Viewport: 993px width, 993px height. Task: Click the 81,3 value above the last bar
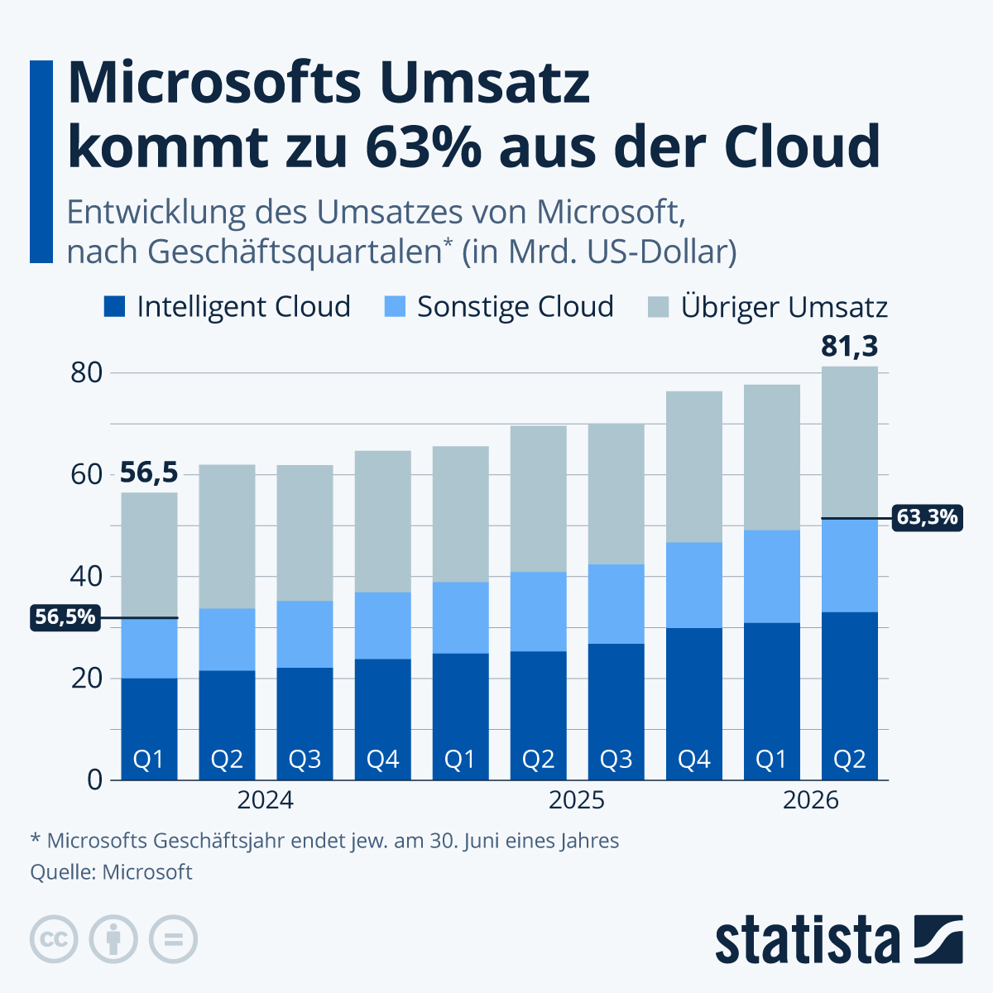click(x=849, y=347)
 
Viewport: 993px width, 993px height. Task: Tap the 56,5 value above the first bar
click(x=149, y=473)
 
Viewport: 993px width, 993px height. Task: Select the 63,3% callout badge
click(x=927, y=518)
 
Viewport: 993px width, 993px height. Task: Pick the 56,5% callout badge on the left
click(x=65, y=617)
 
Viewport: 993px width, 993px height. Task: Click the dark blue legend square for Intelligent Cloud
click(x=114, y=307)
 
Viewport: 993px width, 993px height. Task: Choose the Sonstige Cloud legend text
click(x=515, y=307)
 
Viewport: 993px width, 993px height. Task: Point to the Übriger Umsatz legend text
click(x=784, y=307)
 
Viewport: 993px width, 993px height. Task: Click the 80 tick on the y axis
click(x=86, y=373)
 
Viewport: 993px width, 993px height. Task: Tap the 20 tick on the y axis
click(x=86, y=679)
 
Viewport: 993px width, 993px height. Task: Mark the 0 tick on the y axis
click(x=94, y=780)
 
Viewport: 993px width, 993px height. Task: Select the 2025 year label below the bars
click(x=577, y=800)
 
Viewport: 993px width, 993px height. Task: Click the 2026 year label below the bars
click(x=810, y=800)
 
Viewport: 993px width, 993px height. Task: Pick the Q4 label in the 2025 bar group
click(x=693, y=760)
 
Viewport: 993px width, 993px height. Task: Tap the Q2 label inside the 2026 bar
click(x=849, y=760)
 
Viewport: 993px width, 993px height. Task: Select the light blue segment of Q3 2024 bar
click(x=305, y=634)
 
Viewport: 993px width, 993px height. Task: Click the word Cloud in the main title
click(x=801, y=146)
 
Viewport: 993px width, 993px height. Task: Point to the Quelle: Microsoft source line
click(x=111, y=872)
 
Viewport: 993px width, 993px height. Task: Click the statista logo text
click(x=808, y=940)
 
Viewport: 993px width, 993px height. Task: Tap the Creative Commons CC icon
click(x=55, y=939)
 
